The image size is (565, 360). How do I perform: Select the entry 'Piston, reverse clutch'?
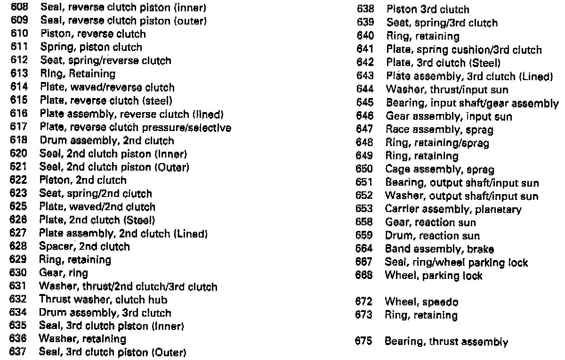[x=93, y=34]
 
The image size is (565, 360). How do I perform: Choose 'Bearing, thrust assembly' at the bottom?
[x=446, y=342]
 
